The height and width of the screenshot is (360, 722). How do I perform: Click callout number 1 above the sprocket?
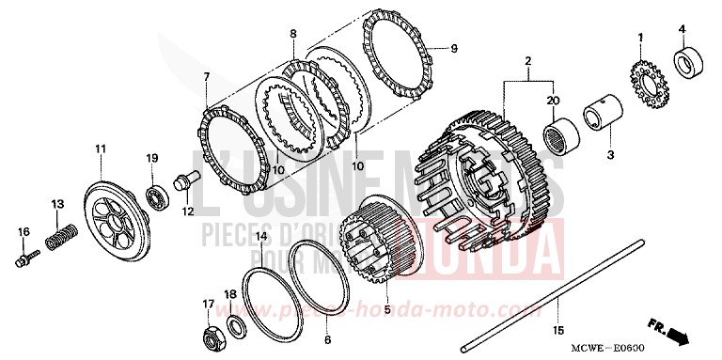tap(640, 37)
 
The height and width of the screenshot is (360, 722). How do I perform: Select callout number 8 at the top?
tap(293, 35)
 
